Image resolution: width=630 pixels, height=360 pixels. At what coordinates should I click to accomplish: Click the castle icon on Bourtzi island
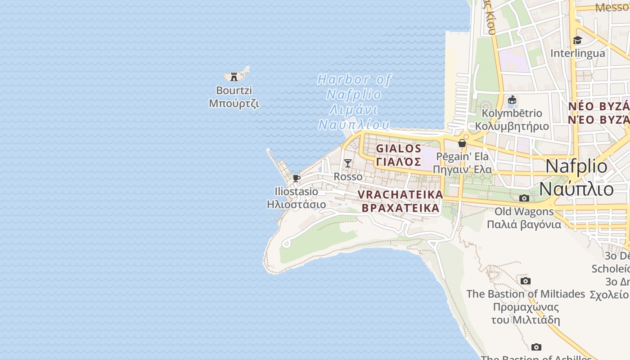(234, 77)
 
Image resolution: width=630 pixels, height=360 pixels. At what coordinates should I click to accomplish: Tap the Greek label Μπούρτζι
(234, 103)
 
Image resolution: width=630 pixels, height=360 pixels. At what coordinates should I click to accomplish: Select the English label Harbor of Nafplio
(354, 87)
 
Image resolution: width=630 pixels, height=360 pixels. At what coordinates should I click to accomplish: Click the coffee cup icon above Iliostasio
(296, 178)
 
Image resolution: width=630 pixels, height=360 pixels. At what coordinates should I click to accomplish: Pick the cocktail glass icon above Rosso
(348, 163)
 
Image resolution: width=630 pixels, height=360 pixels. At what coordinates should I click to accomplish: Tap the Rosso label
(348, 177)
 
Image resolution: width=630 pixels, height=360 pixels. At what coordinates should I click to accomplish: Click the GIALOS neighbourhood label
(399, 148)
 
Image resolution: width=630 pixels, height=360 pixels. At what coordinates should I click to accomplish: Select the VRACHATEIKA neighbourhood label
(400, 194)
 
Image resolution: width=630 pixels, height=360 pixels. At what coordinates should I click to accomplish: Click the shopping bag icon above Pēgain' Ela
(462, 143)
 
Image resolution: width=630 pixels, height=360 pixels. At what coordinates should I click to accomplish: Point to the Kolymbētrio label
(512, 113)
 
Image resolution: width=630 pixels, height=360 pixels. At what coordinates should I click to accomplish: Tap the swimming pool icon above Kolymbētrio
(512, 100)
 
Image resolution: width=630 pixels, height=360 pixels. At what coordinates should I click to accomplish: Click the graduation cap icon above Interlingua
(577, 40)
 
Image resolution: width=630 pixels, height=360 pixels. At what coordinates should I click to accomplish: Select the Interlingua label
(578, 53)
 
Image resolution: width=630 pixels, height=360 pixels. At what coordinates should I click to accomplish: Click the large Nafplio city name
(576, 166)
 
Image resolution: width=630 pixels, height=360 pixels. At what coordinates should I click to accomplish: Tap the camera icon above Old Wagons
(524, 198)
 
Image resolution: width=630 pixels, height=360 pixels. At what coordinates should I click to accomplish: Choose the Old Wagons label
(524, 211)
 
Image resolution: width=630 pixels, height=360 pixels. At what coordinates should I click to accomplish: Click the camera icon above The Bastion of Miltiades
(525, 281)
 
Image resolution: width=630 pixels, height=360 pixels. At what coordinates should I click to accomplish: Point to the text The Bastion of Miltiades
(526, 294)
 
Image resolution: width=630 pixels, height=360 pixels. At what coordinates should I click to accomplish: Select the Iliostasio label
(296, 192)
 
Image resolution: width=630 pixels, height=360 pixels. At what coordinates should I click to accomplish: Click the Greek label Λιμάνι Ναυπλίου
(354, 117)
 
